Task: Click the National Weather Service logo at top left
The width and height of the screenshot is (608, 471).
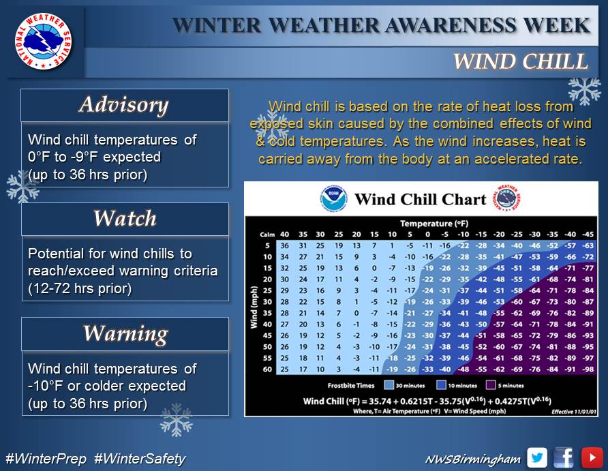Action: [x=44, y=41]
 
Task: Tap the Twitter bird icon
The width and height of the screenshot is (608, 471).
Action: [x=537, y=458]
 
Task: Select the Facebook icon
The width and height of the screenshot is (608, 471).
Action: [x=564, y=458]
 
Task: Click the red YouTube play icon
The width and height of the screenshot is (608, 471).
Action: [x=592, y=458]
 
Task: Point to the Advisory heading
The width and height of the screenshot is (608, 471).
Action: [x=123, y=105]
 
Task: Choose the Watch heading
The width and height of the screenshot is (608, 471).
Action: [x=125, y=218]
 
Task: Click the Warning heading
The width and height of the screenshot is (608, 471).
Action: [x=125, y=333]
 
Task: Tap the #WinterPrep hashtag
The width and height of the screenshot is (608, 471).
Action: [x=46, y=459]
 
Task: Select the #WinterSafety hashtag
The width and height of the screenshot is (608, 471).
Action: [x=140, y=459]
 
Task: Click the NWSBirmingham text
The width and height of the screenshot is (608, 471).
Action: [x=472, y=459]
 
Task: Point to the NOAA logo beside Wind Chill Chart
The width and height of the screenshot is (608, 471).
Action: [x=333, y=199]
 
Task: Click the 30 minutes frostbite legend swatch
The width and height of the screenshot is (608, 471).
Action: [x=389, y=385]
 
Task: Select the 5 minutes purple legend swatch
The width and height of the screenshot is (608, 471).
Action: [x=491, y=385]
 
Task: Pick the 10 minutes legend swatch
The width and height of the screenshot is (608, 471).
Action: [x=441, y=385]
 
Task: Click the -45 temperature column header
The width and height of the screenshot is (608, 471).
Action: [x=588, y=234]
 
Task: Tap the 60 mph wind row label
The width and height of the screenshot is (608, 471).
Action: [x=267, y=369]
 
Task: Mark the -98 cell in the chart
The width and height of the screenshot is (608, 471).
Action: [x=588, y=369]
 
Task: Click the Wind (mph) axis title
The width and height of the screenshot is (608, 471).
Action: [x=254, y=307]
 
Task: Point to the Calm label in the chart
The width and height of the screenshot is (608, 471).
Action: [x=267, y=234]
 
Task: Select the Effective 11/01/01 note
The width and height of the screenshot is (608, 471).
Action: [x=574, y=412]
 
